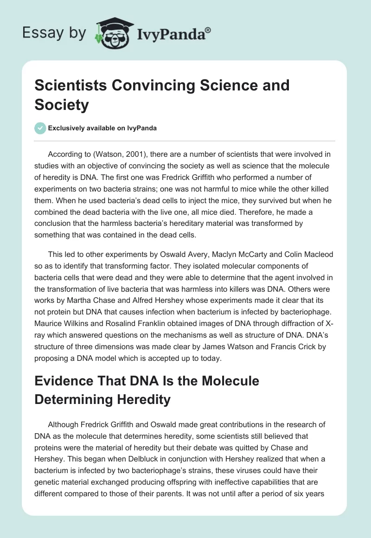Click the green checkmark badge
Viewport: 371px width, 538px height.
tap(40, 128)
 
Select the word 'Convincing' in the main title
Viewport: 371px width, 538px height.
tap(144, 85)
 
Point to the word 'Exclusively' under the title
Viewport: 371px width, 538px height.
tap(69, 128)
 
